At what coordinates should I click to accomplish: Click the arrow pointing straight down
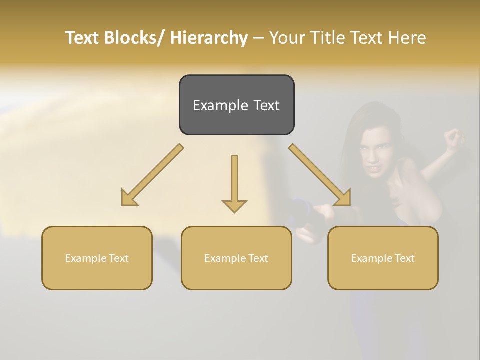234,182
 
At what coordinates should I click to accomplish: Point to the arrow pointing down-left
152,175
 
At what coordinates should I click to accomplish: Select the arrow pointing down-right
320,175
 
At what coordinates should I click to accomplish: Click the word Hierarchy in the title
209,38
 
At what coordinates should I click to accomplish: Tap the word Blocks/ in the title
131,38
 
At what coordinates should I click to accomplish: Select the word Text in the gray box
266,106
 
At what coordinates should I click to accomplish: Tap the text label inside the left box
97,258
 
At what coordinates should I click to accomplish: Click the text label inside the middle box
236,258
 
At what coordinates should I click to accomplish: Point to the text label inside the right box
383,258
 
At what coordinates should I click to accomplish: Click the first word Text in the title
83,38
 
